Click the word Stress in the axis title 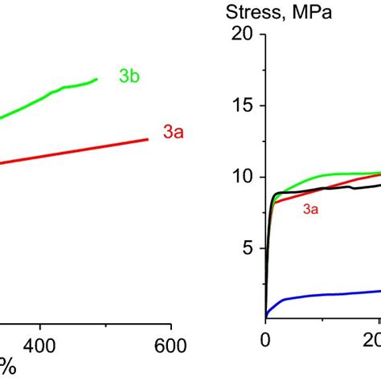tap(251, 14)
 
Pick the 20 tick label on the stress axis tap(242, 35)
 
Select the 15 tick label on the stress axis tap(242, 106)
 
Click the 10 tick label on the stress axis tap(242, 178)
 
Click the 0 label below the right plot tap(266, 338)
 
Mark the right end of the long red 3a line tap(149, 139)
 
